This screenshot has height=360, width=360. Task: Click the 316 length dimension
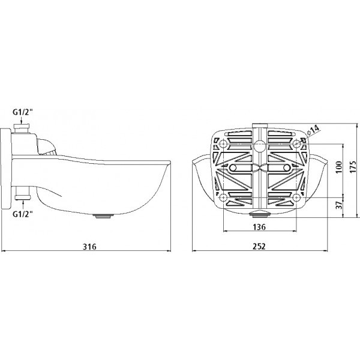click(89, 247)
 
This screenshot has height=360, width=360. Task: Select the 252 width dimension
click(259, 247)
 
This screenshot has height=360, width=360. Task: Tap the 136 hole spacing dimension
click(259, 227)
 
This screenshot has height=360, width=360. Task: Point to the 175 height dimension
click(353, 166)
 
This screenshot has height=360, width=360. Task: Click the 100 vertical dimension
click(339, 167)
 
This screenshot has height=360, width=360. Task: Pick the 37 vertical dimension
click(339, 205)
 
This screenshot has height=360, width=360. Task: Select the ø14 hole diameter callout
click(313, 130)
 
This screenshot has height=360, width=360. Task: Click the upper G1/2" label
click(23, 112)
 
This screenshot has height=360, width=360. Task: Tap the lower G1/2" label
click(23, 214)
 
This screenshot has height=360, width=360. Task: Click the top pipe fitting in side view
click(22, 128)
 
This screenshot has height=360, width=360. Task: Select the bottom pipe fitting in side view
click(23, 193)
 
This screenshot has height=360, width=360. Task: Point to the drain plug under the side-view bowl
click(103, 216)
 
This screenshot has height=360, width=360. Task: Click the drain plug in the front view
click(260, 214)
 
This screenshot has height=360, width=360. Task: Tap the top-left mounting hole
click(223, 144)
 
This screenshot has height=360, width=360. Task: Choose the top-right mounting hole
click(296, 144)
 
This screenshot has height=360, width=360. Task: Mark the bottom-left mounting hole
click(223, 197)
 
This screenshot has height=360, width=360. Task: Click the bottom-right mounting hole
click(296, 197)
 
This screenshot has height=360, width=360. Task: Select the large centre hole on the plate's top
click(260, 146)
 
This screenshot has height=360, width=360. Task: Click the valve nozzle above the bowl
click(46, 147)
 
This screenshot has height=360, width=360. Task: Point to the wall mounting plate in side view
click(5, 169)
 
